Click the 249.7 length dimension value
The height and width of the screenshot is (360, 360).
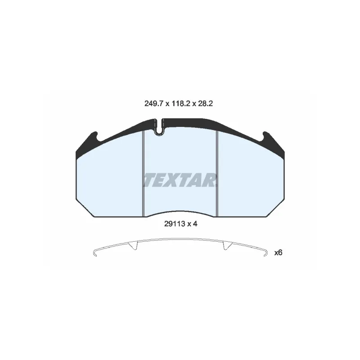coord(153,103)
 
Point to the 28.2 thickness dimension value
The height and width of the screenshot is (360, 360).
coord(205,103)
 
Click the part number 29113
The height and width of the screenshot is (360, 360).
coord(175,224)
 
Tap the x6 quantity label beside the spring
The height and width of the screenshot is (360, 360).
coord(278,253)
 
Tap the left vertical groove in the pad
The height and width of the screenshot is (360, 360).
coord(143,174)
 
